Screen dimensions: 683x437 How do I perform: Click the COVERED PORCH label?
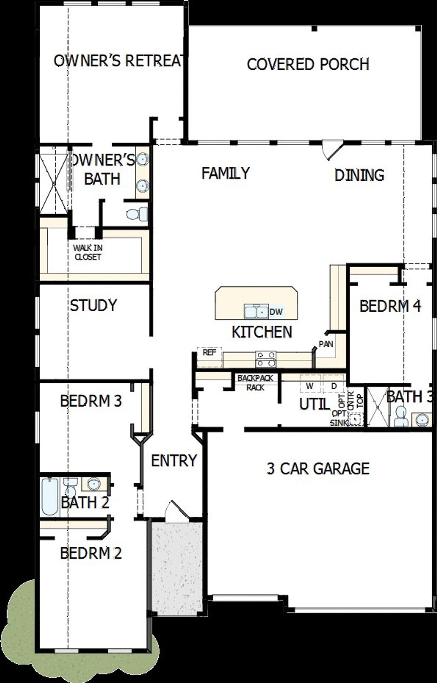(308, 65)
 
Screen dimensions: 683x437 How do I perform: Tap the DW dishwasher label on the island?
(276, 312)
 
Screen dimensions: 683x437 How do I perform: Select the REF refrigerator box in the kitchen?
(209, 353)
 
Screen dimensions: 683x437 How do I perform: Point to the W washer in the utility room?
(310, 386)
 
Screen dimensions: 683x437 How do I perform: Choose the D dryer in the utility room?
(334, 386)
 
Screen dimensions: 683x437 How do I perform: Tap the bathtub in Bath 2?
(50, 497)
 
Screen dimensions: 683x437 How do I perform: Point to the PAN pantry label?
(326, 344)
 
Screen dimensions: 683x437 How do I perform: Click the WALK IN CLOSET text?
(88, 252)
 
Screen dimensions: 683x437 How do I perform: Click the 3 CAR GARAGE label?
(318, 468)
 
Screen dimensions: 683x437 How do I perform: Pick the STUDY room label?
(93, 305)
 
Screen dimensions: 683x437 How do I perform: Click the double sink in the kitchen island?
(256, 311)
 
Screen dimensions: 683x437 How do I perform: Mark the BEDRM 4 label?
(390, 306)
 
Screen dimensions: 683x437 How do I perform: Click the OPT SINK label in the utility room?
(339, 418)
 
